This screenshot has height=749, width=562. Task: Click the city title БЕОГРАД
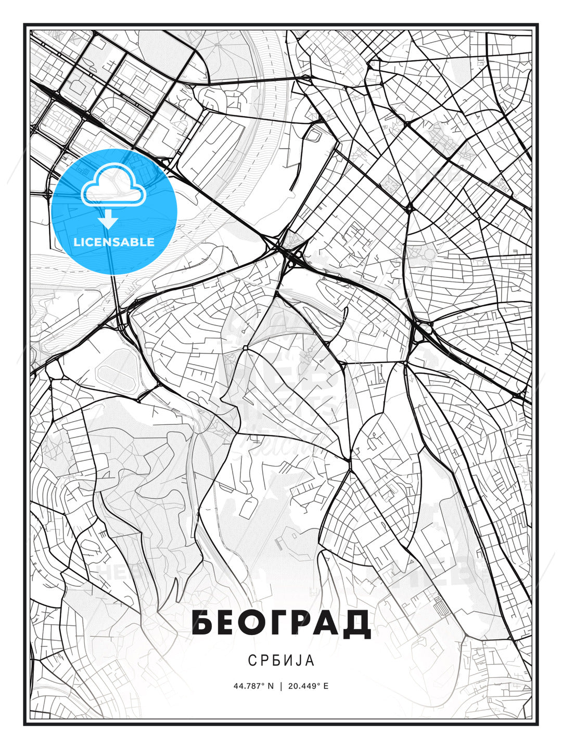281,622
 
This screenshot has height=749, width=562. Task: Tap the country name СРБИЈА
281,661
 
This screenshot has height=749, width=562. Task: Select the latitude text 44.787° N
253,686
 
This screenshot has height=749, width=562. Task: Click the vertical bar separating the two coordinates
281,686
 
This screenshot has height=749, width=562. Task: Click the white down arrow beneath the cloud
108,219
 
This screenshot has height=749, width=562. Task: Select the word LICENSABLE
114,242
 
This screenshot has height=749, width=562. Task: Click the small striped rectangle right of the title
440,606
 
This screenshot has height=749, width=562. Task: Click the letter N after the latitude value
270,686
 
